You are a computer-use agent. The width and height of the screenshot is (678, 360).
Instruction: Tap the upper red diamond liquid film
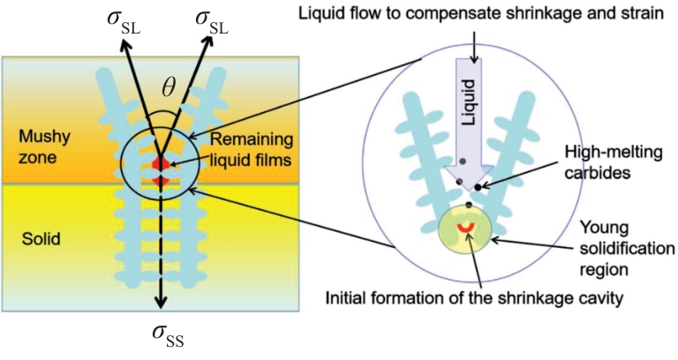tap(160, 164)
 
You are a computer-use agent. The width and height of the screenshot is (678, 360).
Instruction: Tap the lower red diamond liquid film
tap(160, 182)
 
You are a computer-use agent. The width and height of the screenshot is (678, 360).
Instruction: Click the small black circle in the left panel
tap(160, 164)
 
